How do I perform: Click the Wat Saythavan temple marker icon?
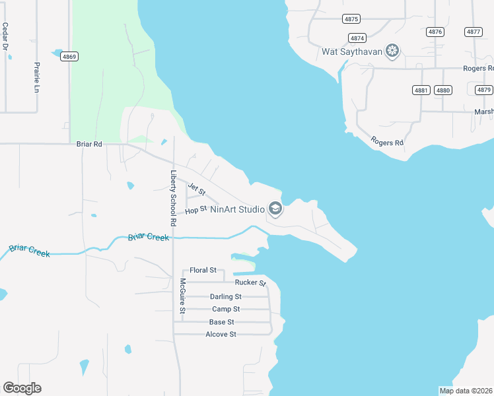pos(393,51)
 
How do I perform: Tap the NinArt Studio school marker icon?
pos(275,210)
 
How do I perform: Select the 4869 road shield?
pos(69,57)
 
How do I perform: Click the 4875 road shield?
pos(351,19)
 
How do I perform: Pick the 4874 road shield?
pos(357,38)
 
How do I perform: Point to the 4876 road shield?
pos(435,32)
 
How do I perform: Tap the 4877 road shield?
pos(474,32)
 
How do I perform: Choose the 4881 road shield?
pos(421,90)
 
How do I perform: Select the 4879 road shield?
pos(484,90)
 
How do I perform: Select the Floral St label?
pos(203,271)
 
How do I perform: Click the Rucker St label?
pos(250,283)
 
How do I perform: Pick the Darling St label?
pos(226,297)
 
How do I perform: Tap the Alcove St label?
pos(221,335)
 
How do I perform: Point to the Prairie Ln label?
pos(37,77)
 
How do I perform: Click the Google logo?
pos(22,387)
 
